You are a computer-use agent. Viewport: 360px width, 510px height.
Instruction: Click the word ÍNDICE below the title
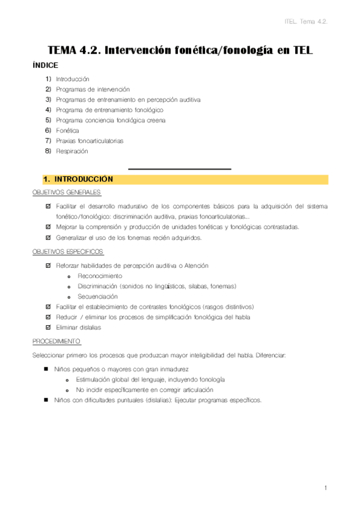click(45, 66)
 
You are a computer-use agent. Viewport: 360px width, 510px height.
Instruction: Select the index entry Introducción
click(72, 79)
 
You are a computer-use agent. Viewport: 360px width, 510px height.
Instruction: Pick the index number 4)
click(48, 110)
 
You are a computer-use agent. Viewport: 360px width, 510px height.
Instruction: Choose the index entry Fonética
click(67, 131)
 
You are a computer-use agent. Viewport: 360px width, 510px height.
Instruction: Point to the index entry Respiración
click(72, 151)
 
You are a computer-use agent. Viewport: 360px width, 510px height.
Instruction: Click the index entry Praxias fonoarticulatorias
click(89, 141)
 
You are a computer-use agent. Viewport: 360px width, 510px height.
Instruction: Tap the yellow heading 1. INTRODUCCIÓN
click(78, 179)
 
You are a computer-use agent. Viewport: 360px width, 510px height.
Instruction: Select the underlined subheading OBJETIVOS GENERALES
click(67, 192)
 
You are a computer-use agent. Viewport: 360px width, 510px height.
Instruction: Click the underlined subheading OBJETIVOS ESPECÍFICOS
click(68, 251)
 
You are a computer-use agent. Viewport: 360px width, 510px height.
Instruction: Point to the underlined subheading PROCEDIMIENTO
click(56, 341)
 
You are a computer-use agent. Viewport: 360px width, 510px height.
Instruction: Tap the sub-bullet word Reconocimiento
click(100, 275)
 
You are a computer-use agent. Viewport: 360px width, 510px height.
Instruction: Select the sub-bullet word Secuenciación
click(97, 296)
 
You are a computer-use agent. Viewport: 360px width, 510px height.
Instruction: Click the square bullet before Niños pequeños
click(46, 369)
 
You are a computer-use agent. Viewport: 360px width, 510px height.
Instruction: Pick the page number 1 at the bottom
click(325, 488)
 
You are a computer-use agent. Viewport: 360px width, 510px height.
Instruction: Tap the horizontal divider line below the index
click(180, 169)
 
